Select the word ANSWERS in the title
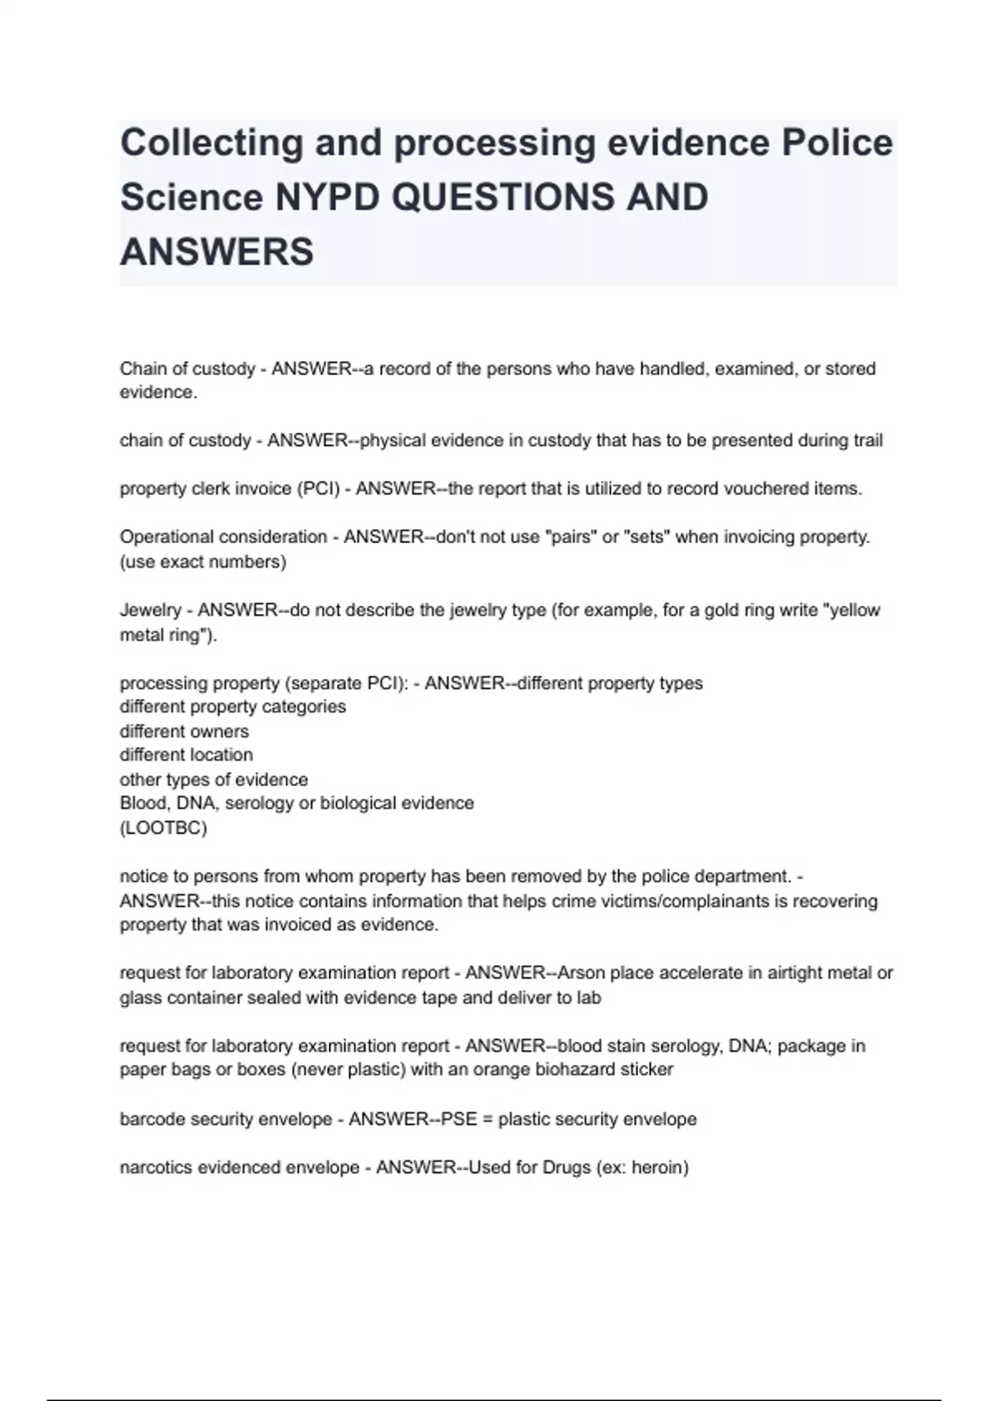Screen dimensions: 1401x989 pos(217,251)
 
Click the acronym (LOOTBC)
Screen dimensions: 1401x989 pos(163,827)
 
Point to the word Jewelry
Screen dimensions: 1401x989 pos(150,611)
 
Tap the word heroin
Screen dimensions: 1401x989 pos(659,1168)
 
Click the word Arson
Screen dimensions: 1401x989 pos(581,973)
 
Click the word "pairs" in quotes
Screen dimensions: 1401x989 pos(572,537)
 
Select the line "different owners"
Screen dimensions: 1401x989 pos(184,732)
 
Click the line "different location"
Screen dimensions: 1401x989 pos(186,755)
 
